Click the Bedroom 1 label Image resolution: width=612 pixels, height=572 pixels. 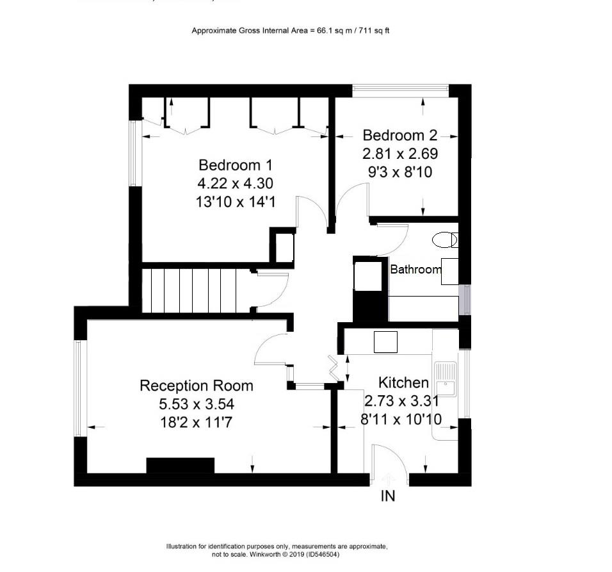pos(235,165)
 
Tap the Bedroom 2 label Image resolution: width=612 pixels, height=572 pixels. pos(399,135)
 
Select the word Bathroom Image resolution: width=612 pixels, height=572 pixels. pos(415,270)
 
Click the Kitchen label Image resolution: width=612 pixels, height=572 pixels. pos(403,383)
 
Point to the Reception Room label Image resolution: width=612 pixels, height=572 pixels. pos(196,386)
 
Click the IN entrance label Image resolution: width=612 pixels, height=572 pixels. pos(388,496)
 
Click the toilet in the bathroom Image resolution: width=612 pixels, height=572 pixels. pos(444,240)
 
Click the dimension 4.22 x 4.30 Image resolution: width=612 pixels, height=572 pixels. pos(235,183)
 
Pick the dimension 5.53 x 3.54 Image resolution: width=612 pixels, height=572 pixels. pos(197,404)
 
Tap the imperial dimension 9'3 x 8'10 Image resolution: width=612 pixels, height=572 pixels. pos(399,172)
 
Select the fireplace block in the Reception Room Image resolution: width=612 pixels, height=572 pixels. pos(180,466)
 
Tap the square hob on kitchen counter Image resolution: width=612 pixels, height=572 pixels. pos(385,342)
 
